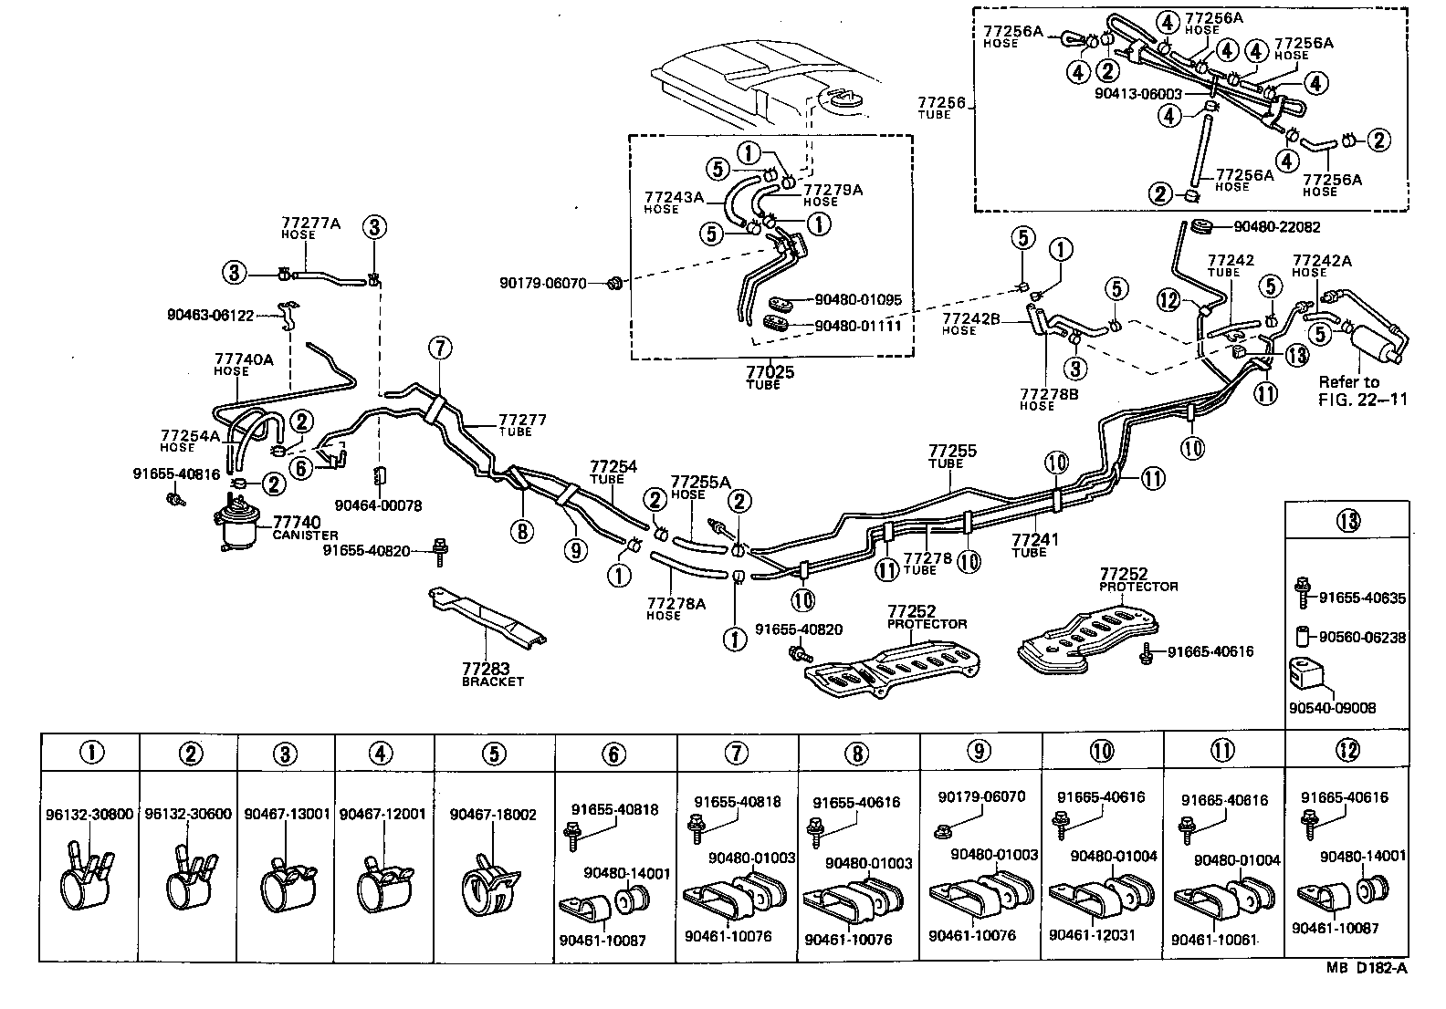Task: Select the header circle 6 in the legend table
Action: (614, 753)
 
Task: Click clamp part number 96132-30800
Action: (89, 815)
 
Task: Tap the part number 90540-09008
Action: (1332, 708)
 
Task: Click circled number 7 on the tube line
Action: (439, 348)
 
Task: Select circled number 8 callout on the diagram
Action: (521, 530)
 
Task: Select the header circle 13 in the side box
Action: (1347, 522)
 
